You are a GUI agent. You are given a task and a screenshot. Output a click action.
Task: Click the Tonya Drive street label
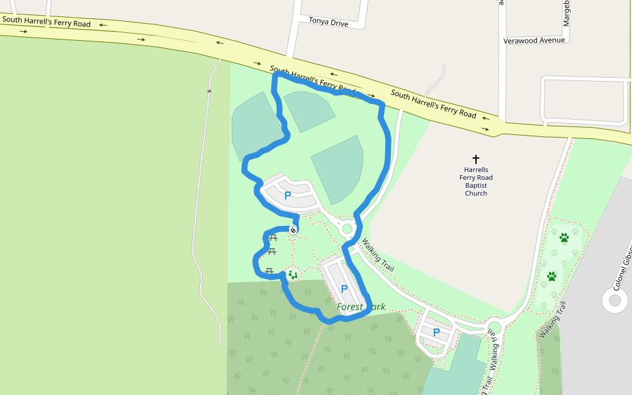329,22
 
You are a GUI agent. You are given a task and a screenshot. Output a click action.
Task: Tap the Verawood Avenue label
534,40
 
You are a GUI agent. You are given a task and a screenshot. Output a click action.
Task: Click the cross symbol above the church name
476,159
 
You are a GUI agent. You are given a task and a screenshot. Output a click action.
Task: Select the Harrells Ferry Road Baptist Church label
476,181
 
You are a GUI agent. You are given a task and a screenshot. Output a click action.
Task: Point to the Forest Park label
361,307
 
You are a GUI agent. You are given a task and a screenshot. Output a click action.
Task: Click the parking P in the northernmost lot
287,196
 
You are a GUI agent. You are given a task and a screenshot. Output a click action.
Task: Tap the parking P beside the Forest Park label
344,289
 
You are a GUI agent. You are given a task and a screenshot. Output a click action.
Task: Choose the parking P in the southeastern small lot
436,332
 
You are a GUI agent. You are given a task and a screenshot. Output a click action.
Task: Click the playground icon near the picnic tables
292,275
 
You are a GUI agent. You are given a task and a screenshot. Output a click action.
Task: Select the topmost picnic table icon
273,238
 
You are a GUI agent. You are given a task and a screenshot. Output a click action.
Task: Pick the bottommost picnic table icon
269,271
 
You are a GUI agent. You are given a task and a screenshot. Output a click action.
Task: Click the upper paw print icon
564,237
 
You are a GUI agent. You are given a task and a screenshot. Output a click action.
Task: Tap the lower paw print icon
552,276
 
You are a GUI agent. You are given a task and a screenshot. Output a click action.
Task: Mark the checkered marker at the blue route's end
292,230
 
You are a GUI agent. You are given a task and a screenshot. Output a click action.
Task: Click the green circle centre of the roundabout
347,228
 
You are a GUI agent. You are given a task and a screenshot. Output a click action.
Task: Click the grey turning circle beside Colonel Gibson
615,301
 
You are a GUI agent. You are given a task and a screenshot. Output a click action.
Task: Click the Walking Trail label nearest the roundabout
378,256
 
